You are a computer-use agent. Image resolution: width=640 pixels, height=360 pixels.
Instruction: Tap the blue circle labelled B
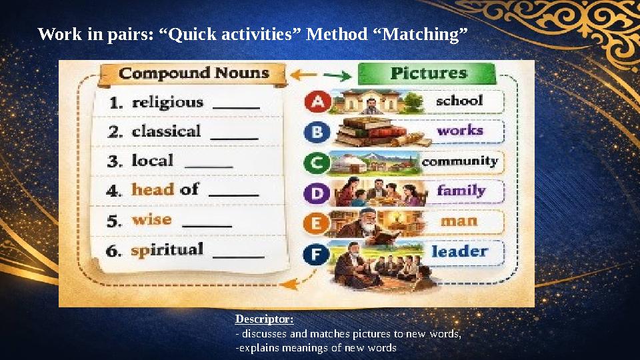pyautogui.click(x=317, y=132)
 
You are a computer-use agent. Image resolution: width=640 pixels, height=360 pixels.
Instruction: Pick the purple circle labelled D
pyautogui.click(x=316, y=193)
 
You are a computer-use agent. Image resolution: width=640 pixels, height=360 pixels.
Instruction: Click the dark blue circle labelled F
pyautogui.click(x=316, y=254)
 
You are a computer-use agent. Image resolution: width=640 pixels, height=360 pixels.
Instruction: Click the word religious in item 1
pyautogui.click(x=167, y=103)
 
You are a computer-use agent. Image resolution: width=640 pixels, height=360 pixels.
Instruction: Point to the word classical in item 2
pyautogui.click(x=166, y=131)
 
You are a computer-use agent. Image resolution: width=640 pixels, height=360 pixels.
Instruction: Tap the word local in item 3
pyautogui.click(x=153, y=161)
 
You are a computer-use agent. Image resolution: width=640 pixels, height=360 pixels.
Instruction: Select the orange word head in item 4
pyautogui.click(x=153, y=190)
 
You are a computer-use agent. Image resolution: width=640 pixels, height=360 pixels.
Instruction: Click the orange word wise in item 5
pyautogui.click(x=151, y=219)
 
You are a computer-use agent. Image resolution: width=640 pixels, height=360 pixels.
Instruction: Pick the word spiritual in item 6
pyautogui.click(x=167, y=250)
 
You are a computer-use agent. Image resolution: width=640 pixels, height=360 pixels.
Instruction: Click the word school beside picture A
pyautogui.click(x=459, y=101)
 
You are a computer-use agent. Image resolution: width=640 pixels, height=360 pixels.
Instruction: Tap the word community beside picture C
pyautogui.click(x=460, y=161)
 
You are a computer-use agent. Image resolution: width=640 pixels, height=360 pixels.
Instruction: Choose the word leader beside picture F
pyautogui.click(x=459, y=252)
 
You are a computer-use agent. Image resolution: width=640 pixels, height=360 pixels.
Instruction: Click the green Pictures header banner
pyautogui.click(x=428, y=73)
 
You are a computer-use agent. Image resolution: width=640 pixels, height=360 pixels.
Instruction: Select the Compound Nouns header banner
pyautogui.click(x=193, y=73)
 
